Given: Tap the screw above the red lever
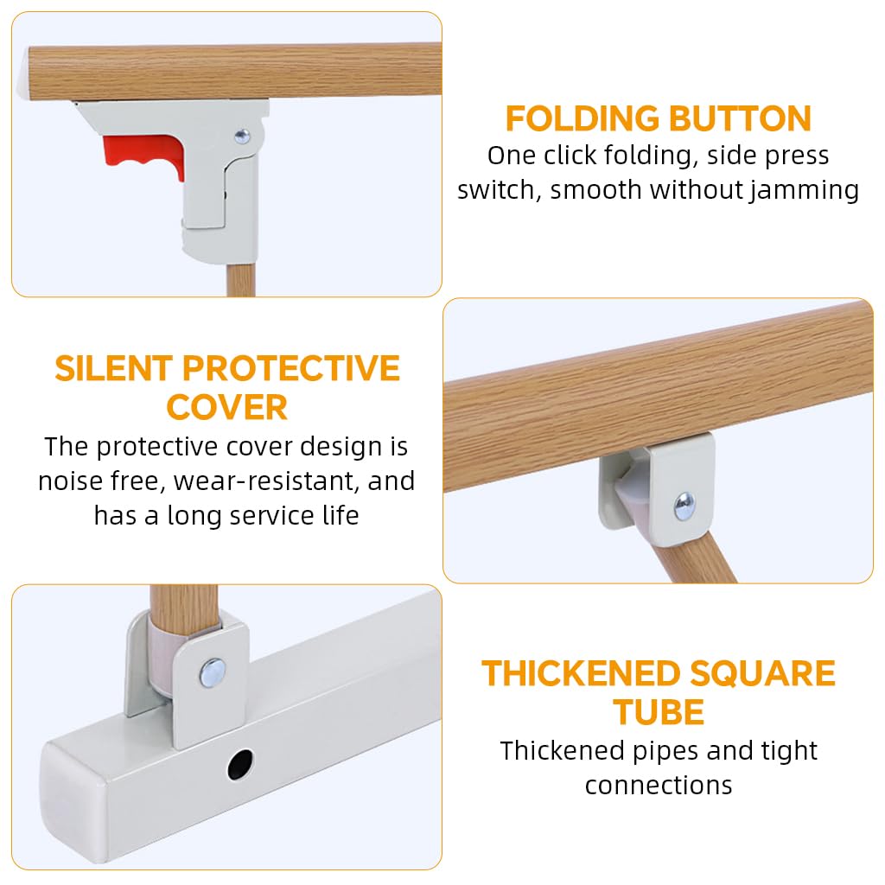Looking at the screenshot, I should coord(242,135).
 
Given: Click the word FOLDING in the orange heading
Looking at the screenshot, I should coord(580,118).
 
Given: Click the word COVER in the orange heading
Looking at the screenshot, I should coord(226,407).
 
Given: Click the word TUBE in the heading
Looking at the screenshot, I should coord(659,712).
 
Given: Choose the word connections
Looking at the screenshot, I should coord(659,785).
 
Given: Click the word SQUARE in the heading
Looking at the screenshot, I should coord(763,673).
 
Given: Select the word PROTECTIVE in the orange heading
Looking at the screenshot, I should coord(290,369).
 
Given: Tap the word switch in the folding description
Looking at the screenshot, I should coord(501,190).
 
